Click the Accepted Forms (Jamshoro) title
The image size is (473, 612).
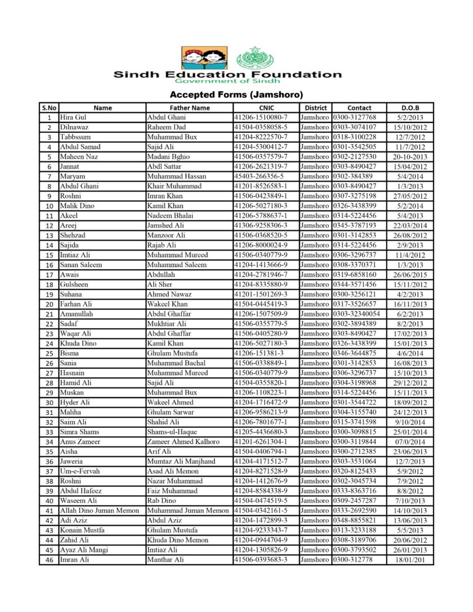[x=236, y=95]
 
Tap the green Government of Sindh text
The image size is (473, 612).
[x=228, y=81]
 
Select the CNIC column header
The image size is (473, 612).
[x=266, y=108]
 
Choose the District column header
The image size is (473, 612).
[x=315, y=108]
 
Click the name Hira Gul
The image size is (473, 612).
[x=73, y=118]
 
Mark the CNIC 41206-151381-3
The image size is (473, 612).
[x=259, y=353]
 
